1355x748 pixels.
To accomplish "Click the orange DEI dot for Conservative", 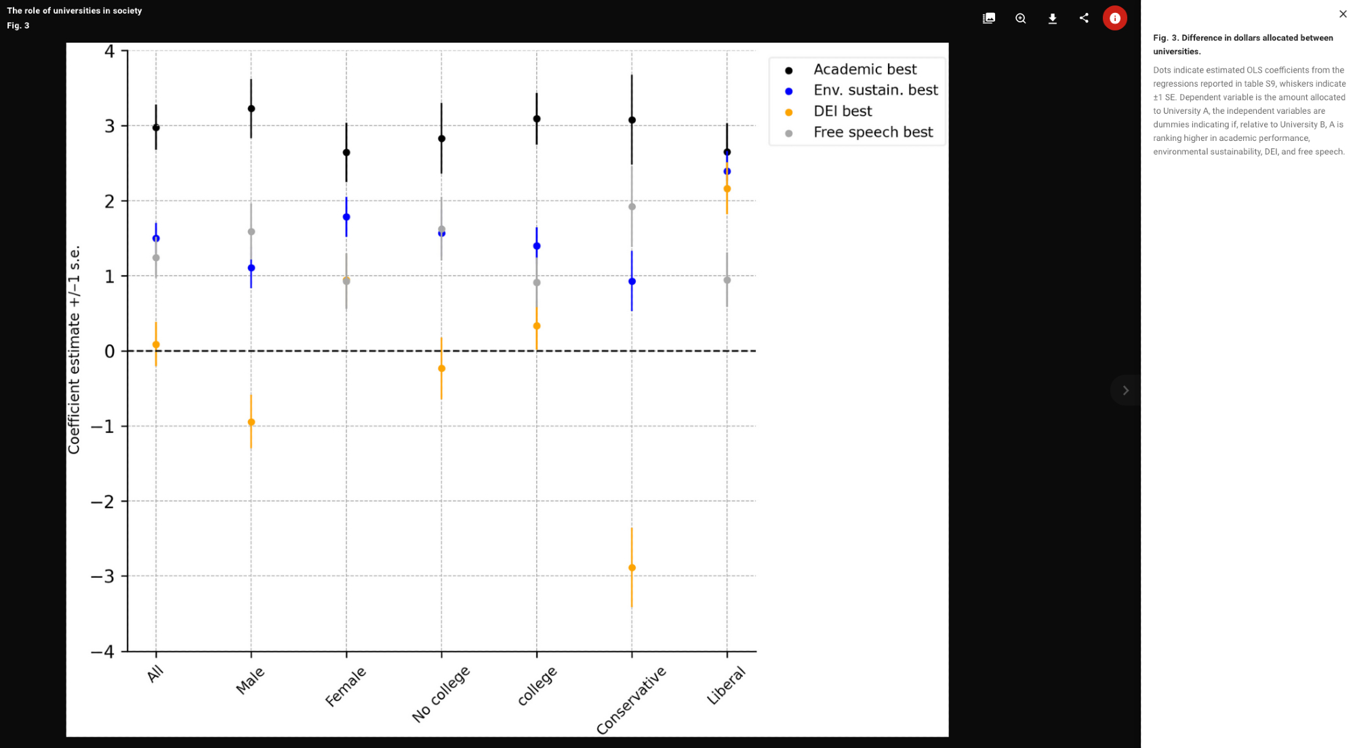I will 632,568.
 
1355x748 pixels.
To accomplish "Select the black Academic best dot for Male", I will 251,108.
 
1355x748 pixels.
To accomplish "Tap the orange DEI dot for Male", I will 251,422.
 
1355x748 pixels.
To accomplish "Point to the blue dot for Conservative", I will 632,281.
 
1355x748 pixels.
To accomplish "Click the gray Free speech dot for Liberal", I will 727,280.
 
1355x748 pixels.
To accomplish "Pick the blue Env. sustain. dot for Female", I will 346,217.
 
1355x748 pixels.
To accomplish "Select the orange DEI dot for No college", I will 442,369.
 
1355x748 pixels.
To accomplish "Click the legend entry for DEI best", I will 843,111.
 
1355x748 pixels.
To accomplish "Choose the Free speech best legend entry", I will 873,132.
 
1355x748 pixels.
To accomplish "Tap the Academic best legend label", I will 865,69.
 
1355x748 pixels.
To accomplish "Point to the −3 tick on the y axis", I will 102,577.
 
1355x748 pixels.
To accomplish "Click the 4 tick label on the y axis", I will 109,51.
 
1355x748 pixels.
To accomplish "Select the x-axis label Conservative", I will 631,701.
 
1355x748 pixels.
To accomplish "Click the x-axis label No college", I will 441,694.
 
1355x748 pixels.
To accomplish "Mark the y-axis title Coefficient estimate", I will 74,350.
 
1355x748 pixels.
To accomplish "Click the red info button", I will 1115,18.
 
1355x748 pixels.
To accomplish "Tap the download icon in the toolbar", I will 1052,18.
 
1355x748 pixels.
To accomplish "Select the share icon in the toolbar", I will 1084,18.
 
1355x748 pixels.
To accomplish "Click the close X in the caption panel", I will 1343,14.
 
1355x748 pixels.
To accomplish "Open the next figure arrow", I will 1125,390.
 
